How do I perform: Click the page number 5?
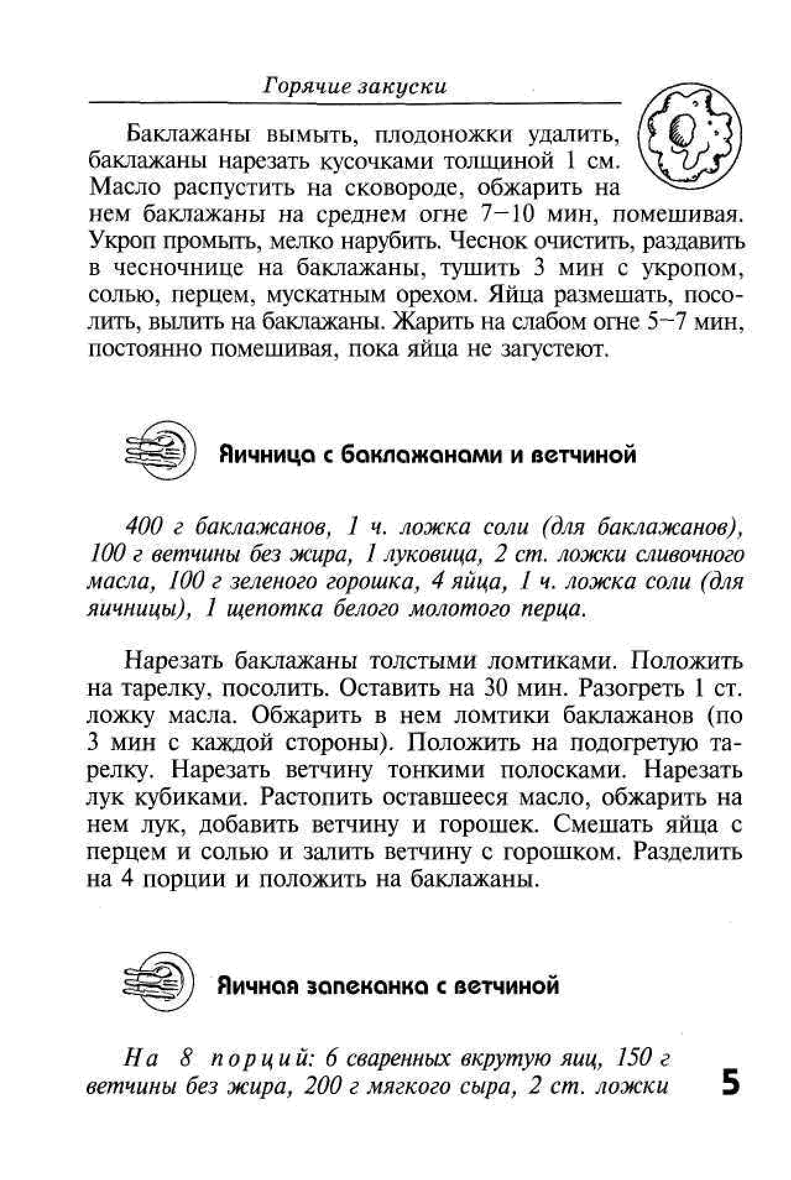pyautogui.click(x=730, y=1084)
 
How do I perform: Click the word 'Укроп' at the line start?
pyautogui.click(x=118, y=241)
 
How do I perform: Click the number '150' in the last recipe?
pyautogui.click(x=635, y=1060)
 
